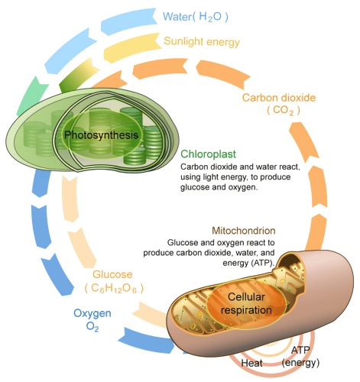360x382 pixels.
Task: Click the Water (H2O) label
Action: tap(196, 17)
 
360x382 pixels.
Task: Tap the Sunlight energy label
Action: tap(202, 41)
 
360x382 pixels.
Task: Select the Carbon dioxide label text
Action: tap(279, 98)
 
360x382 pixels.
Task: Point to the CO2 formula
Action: tap(284, 111)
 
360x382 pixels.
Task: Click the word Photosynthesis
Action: tap(101, 134)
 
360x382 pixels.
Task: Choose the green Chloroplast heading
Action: tap(208, 154)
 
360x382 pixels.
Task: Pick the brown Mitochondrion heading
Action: tap(244, 231)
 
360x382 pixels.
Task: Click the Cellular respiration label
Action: tap(246, 303)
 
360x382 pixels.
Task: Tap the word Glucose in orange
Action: tap(112, 274)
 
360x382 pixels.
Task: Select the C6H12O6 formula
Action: tap(114, 288)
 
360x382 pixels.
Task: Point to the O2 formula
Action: tap(92, 326)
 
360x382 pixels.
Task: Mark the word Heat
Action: tap(251, 363)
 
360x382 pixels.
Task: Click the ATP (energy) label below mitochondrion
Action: tap(300, 357)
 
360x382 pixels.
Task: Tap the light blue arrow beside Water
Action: tap(128, 21)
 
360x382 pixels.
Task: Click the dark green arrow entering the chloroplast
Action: tap(76, 75)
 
